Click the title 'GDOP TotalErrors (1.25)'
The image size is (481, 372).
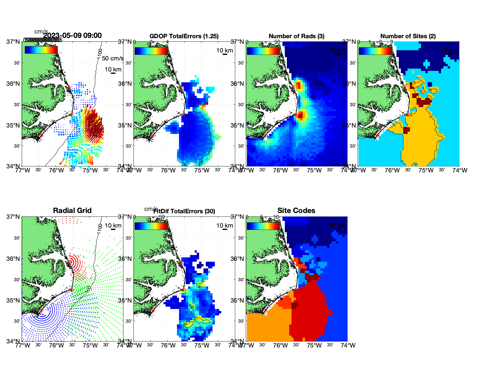click(184, 36)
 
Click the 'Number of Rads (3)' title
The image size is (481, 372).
click(296, 36)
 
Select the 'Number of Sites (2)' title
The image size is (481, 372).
click(408, 36)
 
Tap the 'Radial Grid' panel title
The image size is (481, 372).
click(72, 211)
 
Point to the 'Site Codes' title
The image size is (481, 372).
click(296, 211)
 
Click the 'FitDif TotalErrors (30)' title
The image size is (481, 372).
click(184, 211)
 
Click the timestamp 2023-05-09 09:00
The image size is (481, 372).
click(72, 36)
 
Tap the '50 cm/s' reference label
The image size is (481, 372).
click(113, 58)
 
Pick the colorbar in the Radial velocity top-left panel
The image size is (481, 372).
click(41, 50)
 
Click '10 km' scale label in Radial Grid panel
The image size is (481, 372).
click(113, 226)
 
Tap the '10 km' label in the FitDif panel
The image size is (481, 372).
click(224, 226)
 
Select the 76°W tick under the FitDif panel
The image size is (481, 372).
click(168, 345)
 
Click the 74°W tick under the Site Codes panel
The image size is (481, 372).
click(348, 345)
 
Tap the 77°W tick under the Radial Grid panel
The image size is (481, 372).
click(23, 345)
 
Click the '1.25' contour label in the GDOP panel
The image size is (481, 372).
click(199, 163)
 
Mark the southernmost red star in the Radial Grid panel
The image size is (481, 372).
click(41, 310)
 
